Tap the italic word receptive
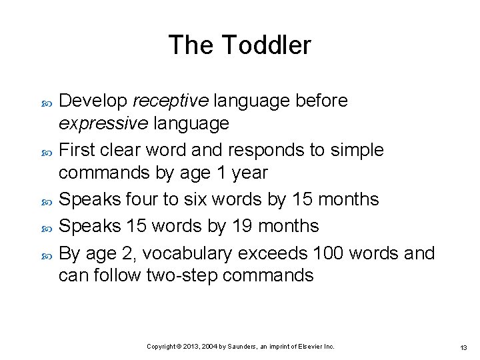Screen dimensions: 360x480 click(171, 101)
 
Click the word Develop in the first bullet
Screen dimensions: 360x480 click(93, 101)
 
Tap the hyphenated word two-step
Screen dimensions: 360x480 click(183, 275)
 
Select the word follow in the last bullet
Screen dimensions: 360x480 click(120, 275)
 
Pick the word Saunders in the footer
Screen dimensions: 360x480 click(249, 347)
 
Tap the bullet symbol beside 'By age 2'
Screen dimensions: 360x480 click(46, 254)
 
